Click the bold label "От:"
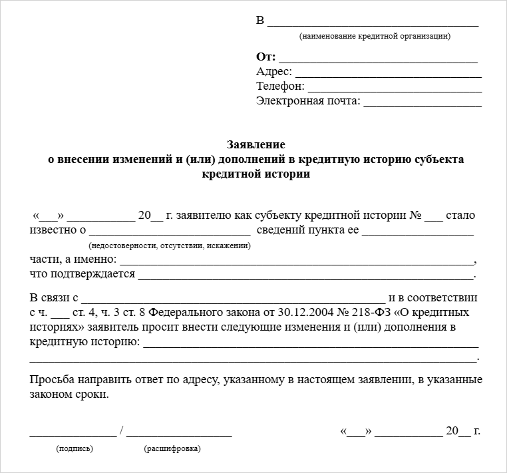coord(266,57)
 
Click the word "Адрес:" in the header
coord(273,72)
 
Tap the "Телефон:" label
coord(280,86)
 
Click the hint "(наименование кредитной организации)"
coord(375,36)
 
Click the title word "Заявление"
coord(256,144)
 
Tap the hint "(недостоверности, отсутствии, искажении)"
coord(169,245)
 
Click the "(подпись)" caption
coord(75,448)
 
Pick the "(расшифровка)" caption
coord(172,448)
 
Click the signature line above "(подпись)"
coord(73,433)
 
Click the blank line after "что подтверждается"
coord(305,275)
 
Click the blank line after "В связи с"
coord(233,297)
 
